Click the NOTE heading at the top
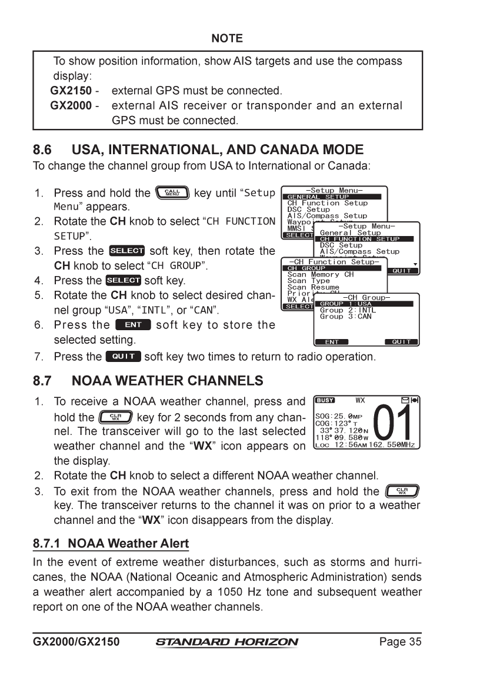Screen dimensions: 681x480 coord(227,38)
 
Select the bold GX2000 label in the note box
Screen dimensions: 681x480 coord(70,106)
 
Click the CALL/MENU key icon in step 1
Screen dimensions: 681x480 coord(172,192)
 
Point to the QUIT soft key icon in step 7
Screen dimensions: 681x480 coord(123,356)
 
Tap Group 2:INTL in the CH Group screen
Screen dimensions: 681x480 coord(348,310)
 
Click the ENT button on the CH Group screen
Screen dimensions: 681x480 coord(332,342)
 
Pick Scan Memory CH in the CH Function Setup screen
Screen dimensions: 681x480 coord(321,274)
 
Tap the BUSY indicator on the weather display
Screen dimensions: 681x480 coord(325,400)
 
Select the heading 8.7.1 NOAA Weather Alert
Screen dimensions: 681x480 coord(111,543)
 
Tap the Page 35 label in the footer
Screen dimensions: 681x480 coord(400,642)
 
